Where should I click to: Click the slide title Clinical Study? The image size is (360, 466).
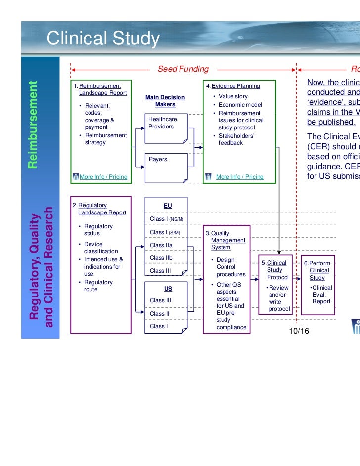point(103,38)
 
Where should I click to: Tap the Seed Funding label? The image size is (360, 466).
point(183,69)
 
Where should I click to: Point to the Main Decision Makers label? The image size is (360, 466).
point(165,101)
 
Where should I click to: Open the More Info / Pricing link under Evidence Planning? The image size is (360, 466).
point(239,177)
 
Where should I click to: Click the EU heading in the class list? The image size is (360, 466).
point(168,205)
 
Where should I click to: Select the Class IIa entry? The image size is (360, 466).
point(161,245)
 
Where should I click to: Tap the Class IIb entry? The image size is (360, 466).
point(161,258)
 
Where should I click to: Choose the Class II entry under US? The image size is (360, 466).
point(160,313)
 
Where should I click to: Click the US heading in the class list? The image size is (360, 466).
point(168,288)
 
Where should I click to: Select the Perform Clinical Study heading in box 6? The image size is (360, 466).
point(318,270)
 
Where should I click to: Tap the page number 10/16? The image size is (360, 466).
point(299,331)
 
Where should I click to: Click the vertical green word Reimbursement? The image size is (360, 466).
point(33,124)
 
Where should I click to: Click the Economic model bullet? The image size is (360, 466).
point(240,105)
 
